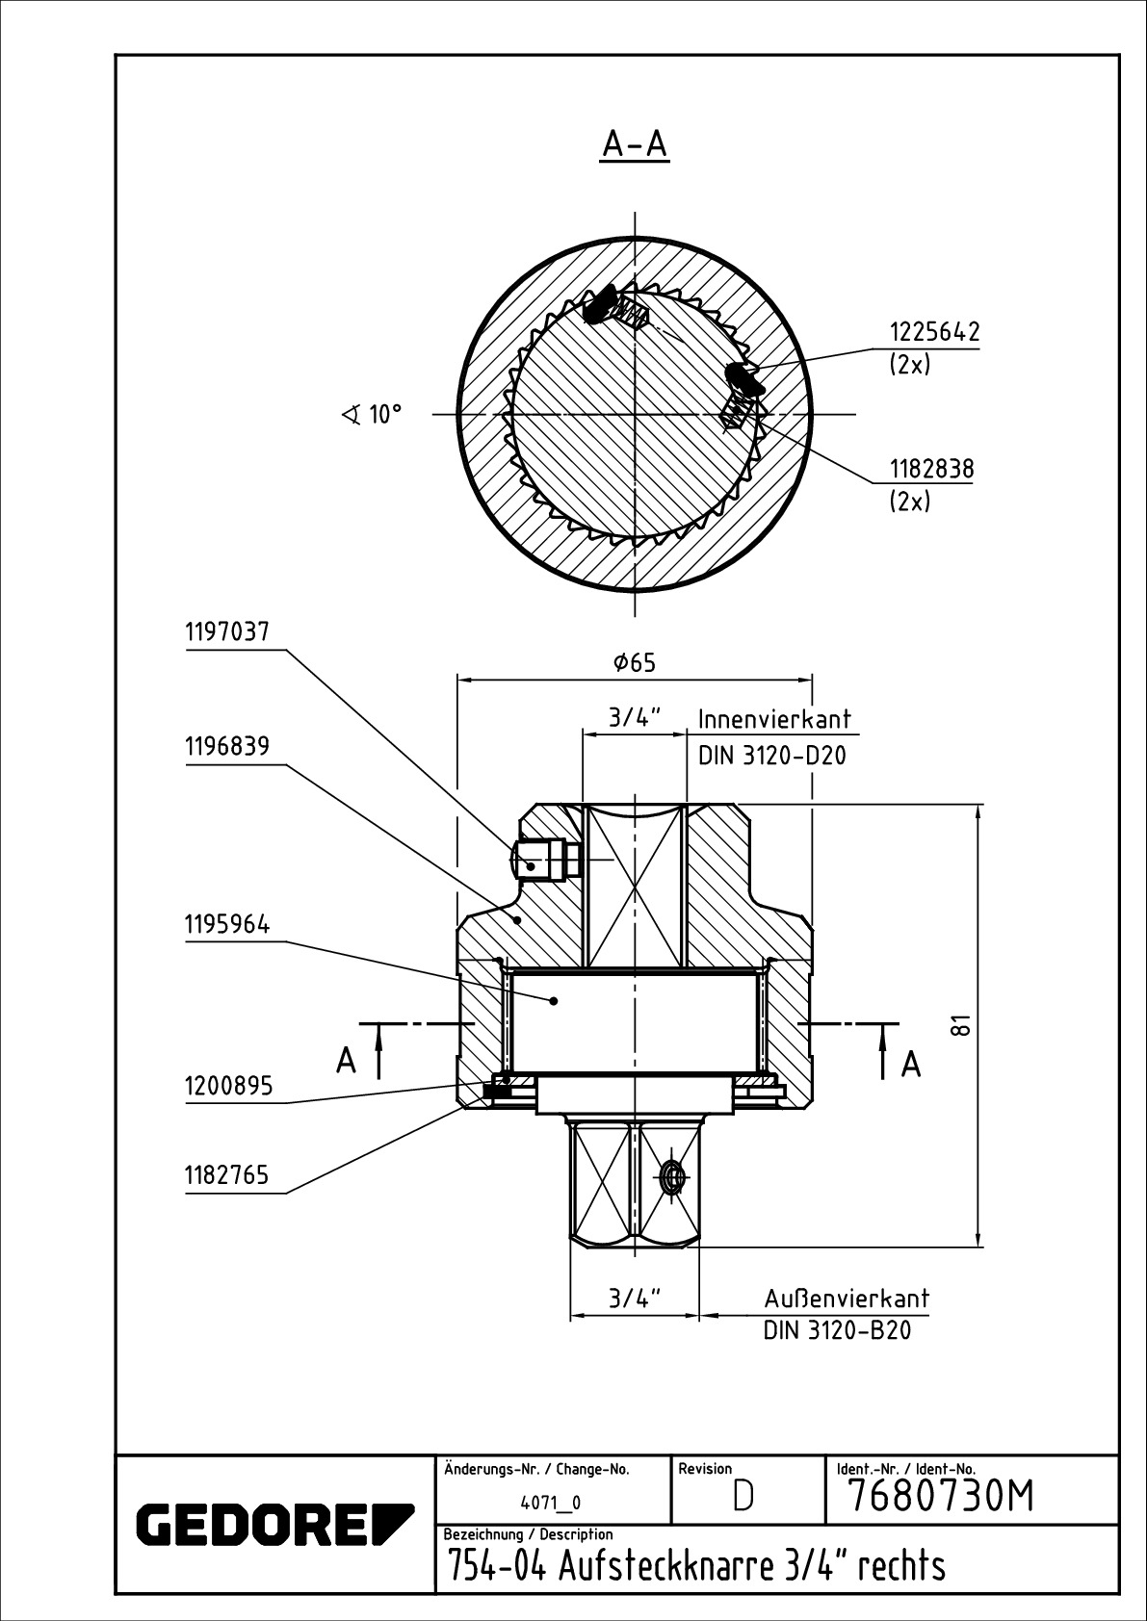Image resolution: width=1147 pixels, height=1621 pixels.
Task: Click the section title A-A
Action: [635, 143]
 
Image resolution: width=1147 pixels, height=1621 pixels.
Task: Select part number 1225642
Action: [933, 332]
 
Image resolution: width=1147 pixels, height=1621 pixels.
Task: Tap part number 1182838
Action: [931, 470]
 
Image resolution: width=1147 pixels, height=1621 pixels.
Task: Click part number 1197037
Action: [227, 632]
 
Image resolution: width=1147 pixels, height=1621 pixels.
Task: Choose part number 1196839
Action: [227, 746]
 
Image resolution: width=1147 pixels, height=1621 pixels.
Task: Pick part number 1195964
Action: [227, 925]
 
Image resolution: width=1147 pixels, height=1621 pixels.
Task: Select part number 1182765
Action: [227, 1175]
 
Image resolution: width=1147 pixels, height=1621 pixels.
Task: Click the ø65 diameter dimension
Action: [634, 662]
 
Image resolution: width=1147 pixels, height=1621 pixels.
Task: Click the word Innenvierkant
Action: [774, 719]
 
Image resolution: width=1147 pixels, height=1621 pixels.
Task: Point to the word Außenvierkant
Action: [847, 1298]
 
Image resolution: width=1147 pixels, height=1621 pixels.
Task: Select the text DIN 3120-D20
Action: [772, 756]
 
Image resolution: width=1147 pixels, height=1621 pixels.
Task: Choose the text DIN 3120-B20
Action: [837, 1331]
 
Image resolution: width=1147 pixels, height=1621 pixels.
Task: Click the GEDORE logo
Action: [274, 1524]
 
